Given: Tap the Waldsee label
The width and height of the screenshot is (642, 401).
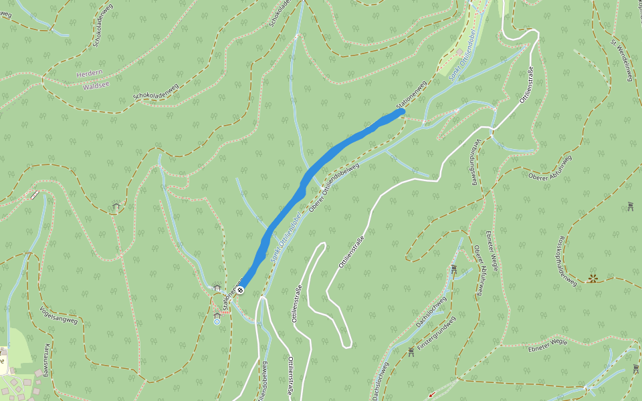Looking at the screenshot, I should [x=95, y=86].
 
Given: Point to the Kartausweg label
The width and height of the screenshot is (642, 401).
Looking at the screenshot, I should [x=46, y=360].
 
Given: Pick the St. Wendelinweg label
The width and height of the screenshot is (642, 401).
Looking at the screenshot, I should [x=621, y=60].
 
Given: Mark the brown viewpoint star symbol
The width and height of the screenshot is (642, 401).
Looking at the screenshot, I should [x=592, y=278].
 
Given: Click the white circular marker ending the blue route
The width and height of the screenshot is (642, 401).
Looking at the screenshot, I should [x=239, y=290].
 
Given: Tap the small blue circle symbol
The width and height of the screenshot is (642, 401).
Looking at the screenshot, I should [x=217, y=321].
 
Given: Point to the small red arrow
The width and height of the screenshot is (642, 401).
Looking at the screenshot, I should [x=429, y=395].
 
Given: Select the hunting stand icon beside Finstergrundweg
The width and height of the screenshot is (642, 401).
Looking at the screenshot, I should [x=411, y=351].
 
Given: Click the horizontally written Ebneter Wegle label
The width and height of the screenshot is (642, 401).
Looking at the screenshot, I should [x=547, y=342].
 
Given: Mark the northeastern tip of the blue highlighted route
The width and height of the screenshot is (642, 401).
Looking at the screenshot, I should [x=402, y=112].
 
